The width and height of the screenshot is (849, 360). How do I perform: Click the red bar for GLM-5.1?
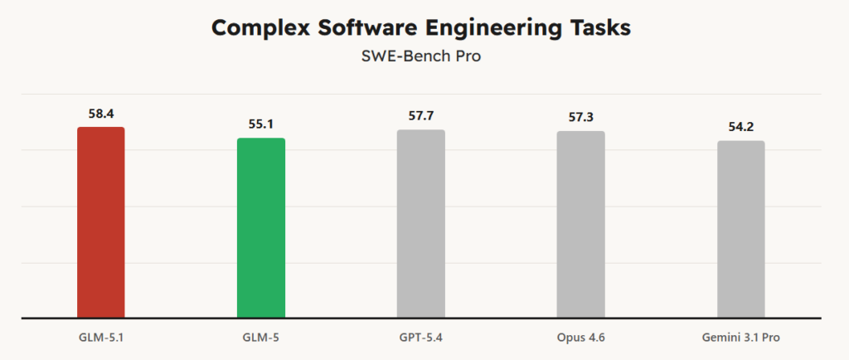point(100,222)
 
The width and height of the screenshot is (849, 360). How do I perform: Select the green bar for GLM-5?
point(261,227)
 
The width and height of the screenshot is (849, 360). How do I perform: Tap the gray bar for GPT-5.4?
point(421,223)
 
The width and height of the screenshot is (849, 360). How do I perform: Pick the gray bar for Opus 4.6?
point(580,224)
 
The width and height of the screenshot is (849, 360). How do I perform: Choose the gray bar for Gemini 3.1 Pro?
point(740,229)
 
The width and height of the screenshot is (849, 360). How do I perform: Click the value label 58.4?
point(100,113)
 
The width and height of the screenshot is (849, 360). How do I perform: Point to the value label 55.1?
point(261,124)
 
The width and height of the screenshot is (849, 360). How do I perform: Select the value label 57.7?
point(421,115)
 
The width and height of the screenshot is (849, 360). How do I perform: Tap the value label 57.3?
point(580,117)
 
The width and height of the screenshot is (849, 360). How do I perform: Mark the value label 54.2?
point(740,127)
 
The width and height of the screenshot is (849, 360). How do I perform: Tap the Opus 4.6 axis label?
point(580,338)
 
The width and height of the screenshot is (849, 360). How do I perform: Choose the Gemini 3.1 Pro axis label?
point(740,338)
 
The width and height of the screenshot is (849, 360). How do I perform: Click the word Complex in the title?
point(257,27)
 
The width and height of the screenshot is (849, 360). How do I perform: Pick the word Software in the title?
point(361,27)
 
